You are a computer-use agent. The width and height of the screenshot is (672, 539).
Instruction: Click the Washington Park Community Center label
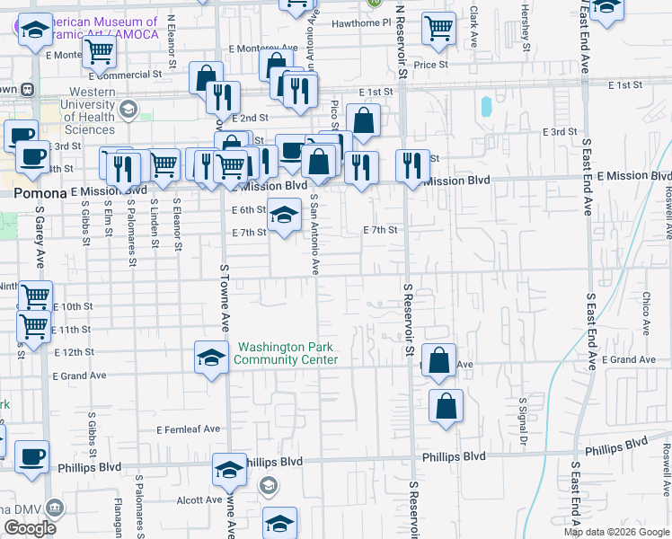tap(286, 353)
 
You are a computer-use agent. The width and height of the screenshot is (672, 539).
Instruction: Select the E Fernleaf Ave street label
tap(188, 429)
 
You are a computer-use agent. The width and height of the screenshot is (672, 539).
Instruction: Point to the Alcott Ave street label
tap(199, 499)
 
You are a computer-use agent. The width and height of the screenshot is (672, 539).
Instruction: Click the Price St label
tap(430, 65)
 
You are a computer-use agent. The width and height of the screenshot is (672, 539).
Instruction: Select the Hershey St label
tap(523, 21)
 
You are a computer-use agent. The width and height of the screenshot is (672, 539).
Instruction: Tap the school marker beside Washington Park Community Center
tap(211, 357)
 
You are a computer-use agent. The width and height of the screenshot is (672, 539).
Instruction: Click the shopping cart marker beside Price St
tap(438, 28)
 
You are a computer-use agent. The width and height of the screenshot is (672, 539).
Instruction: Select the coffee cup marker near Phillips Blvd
tap(31, 456)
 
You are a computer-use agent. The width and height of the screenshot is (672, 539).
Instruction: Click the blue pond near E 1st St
tap(486, 107)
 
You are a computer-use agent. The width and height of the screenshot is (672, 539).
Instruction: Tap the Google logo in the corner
tap(30, 528)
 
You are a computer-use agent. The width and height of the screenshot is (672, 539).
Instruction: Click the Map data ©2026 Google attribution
tap(617, 532)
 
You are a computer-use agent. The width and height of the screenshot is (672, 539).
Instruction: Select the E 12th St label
tap(74, 352)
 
